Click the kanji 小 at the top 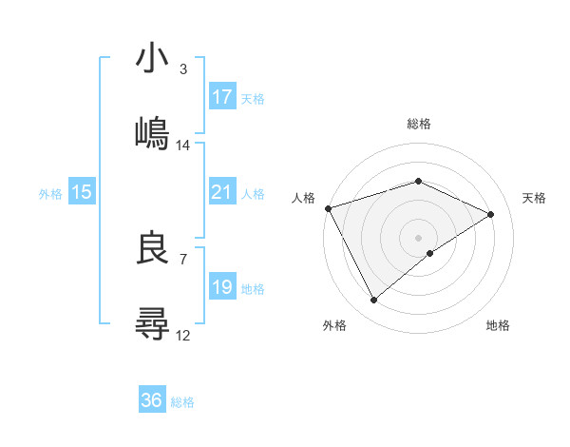152,59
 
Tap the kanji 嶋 152,132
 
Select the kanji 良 152,249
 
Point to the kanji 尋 152,322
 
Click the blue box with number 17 221,97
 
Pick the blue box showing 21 221,192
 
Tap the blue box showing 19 221,287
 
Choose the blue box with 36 152,400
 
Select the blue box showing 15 82,192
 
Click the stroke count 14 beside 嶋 183,146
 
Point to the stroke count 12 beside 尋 183,335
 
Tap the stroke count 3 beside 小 183,69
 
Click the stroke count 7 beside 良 183,259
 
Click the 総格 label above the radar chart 418,124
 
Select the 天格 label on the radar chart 535,198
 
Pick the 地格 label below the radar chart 498,325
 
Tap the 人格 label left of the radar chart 302,198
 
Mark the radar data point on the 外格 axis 373,301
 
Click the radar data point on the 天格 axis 491,214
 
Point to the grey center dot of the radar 418,237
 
